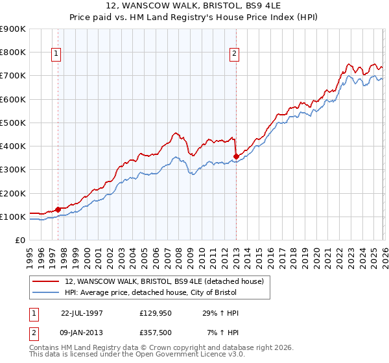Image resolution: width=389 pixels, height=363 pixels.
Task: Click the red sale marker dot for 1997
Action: coord(58,209)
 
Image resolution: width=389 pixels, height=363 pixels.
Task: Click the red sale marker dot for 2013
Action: coord(237,156)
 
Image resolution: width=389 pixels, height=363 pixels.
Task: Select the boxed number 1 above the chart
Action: coord(58,54)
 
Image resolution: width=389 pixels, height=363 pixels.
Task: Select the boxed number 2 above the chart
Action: coord(234,54)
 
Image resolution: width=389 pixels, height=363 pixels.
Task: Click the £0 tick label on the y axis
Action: coord(19,240)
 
